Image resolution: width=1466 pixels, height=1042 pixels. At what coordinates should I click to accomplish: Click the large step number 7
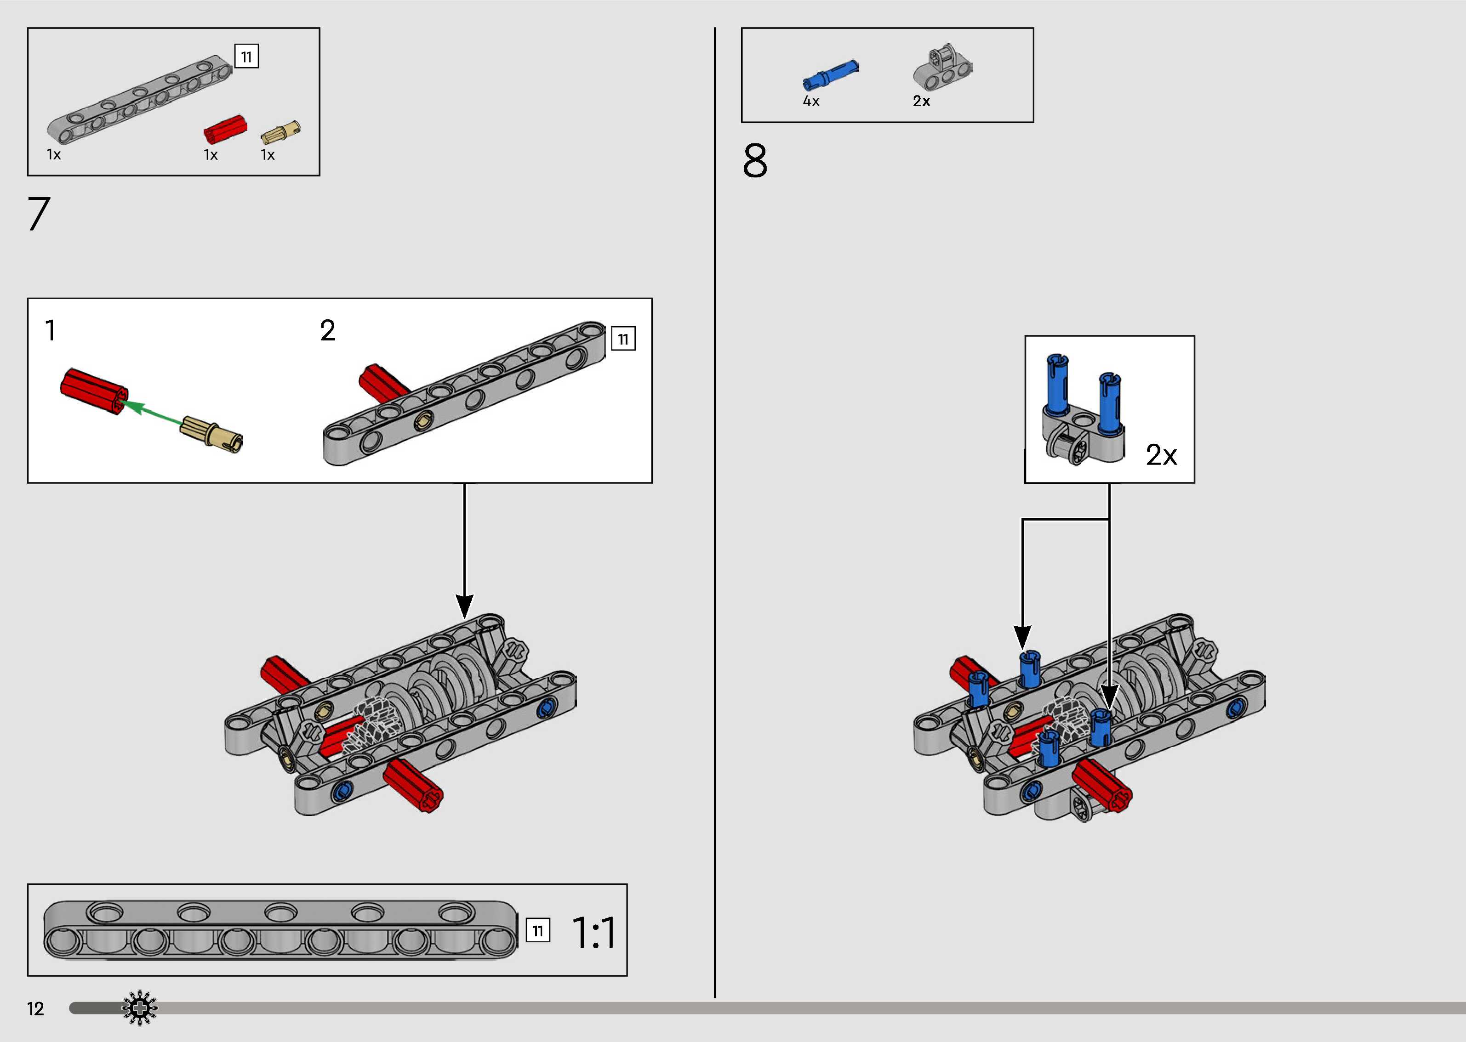pos(39,214)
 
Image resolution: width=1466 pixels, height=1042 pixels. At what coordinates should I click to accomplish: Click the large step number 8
pos(755,161)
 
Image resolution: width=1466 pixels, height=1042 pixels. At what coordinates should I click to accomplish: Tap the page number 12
pos(35,1008)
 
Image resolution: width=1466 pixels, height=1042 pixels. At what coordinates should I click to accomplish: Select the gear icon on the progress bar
pos(139,1008)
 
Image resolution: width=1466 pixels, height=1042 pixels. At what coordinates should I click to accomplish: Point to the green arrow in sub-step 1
pos(151,413)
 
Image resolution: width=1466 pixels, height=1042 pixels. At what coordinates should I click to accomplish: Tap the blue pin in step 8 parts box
pos(830,74)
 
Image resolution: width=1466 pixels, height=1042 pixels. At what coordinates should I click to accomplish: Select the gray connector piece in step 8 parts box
pos(942,68)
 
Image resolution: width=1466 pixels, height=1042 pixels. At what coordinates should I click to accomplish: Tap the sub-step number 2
pos(327,331)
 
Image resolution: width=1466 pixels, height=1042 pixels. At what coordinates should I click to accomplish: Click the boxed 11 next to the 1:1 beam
pos(538,930)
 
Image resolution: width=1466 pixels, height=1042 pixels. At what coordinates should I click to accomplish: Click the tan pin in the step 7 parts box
pos(280,131)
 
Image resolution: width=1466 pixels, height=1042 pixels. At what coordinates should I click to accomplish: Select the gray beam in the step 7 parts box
pos(140,99)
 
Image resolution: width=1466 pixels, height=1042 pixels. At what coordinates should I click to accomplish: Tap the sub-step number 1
pos(50,331)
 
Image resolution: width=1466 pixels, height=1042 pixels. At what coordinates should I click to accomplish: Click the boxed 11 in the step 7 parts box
pos(246,57)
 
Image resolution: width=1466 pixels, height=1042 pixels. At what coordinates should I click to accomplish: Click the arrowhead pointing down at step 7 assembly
pos(464,606)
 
